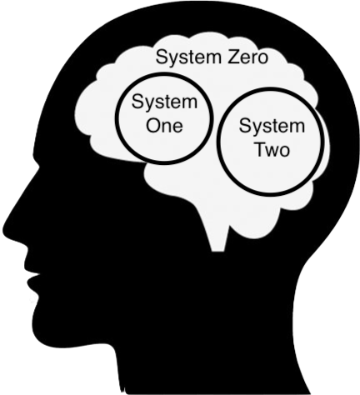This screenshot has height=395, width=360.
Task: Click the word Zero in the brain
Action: (248, 57)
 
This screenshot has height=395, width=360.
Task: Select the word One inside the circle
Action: (164, 126)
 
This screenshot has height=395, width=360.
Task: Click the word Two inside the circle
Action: (272, 149)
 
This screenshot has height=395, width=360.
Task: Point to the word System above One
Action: (164, 102)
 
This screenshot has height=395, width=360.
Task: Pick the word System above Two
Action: (272, 127)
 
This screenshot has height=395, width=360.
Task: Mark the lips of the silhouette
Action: (32, 277)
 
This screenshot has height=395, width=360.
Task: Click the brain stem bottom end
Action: (218, 251)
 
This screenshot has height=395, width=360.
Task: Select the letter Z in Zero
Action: (233, 57)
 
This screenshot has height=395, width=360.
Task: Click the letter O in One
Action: (153, 126)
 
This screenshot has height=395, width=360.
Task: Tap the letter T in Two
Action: (261, 149)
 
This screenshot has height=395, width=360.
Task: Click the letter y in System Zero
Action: (170, 60)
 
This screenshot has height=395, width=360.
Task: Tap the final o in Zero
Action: (262, 59)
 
